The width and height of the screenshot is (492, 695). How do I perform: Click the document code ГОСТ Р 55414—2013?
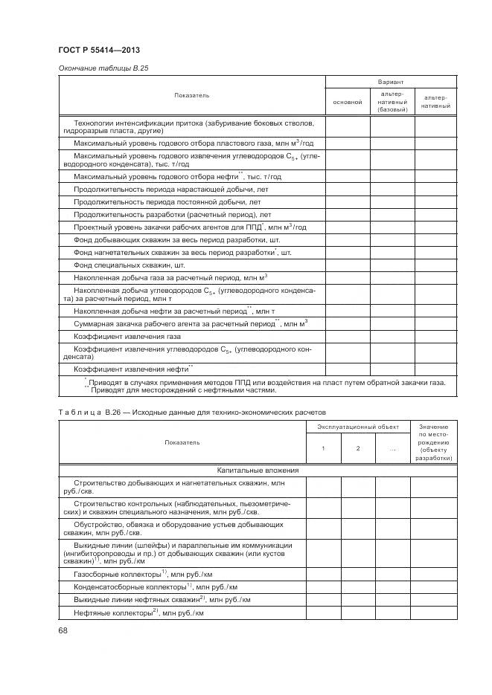(98, 50)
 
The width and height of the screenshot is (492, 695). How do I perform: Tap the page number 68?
(63, 630)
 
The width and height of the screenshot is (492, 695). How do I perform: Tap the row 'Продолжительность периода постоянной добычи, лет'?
(167, 202)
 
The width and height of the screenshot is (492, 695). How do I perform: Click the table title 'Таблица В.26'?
(192, 412)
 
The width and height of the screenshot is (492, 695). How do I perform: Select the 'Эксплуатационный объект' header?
(358, 427)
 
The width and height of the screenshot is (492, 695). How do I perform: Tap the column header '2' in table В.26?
(358, 448)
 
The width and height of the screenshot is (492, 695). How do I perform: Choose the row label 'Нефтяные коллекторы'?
(138, 612)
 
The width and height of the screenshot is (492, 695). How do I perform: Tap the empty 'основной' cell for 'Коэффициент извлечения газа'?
(347, 336)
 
